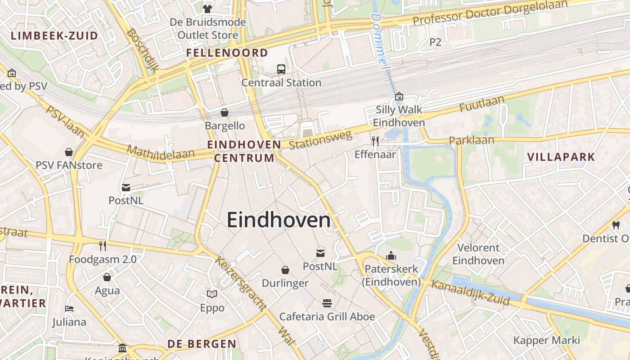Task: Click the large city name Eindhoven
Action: point(279,220)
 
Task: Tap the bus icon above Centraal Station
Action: point(281,69)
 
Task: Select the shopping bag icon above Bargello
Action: point(225,112)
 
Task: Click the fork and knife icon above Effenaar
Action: point(375,141)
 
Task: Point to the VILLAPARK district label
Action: point(561,157)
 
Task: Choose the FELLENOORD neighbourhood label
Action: point(227,53)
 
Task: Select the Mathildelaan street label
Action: point(161,151)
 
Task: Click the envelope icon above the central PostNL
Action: point(320,253)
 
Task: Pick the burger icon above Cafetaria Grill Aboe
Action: point(327,303)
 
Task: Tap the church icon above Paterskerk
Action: point(391,256)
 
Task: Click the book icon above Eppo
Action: point(212,294)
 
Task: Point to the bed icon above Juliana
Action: point(69,309)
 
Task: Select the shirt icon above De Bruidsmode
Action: point(207,9)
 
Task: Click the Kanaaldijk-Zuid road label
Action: point(470,293)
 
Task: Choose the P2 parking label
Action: point(435,42)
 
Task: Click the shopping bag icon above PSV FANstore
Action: point(69,152)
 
